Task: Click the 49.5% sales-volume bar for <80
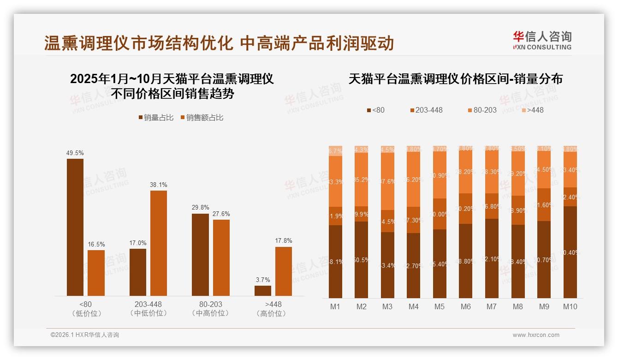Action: (x=75, y=227)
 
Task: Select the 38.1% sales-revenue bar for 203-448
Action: (x=159, y=243)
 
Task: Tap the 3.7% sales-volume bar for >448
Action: (x=263, y=291)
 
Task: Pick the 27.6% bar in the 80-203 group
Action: (x=221, y=258)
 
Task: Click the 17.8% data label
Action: (x=284, y=240)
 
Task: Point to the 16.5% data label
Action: (x=96, y=244)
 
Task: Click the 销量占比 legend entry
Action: (x=156, y=118)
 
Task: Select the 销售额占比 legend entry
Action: (x=202, y=118)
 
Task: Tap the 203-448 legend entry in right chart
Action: (x=426, y=110)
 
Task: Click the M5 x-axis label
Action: (x=440, y=306)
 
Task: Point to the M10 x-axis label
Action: (x=570, y=306)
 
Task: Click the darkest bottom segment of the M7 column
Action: (x=492, y=258)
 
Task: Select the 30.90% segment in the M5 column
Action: (x=440, y=175)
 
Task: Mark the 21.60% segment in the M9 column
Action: (x=544, y=204)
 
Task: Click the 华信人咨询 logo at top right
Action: (x=542, y=40)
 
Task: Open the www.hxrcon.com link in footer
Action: (x=536, y=335)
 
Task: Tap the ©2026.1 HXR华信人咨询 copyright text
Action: (x=85, y=335)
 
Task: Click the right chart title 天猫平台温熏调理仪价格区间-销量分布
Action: (x=455, y=79)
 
